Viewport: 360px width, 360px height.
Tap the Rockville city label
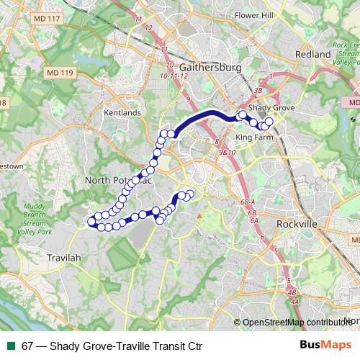[x=297, y=225]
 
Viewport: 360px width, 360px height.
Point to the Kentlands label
[x=122, y=114]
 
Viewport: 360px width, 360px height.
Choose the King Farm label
[x=255, y=135]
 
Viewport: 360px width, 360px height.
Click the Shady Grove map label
[x=271, y=107]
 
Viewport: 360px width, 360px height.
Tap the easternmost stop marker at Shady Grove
[x=270, y=122]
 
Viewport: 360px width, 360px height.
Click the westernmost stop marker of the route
[x=91, y=221]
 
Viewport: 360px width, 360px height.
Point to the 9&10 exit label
[x=228, y=153]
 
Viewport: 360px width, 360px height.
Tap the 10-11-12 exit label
[x=174, y=75]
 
